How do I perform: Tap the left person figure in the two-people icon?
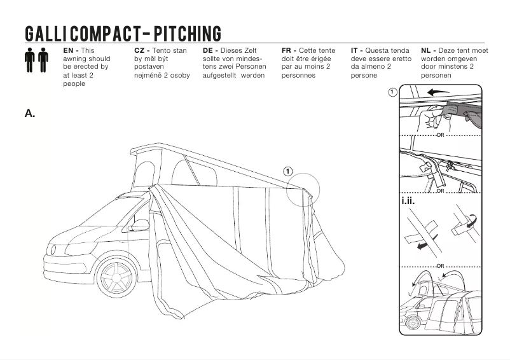[x=30, y=60]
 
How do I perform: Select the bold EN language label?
[x=70, y=50]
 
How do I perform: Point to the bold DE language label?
[x=210, y=50]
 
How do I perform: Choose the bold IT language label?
[x=357, y=50]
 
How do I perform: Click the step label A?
[x=30, y=114]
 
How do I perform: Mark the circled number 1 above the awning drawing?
[x=288, y=171]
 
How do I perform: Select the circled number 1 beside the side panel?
[x=392, y=92]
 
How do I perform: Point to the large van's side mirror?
[x=139, y=225]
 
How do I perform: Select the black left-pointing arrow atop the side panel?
[x=438, y=92]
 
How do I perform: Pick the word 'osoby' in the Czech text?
[x=179, y=75]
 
